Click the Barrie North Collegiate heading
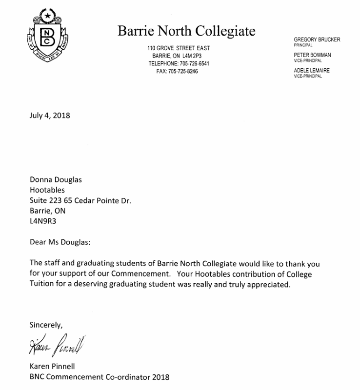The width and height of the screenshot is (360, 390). (x=186, y=31)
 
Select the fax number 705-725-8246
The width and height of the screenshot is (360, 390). (x=183, y=71)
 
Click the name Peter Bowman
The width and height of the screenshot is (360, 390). (x=312, y=56)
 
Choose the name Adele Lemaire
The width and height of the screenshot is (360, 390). (x=311, y=71)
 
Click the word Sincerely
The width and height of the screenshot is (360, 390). (x=46, y=324)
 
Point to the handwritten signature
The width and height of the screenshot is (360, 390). (x=57, y=345)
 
